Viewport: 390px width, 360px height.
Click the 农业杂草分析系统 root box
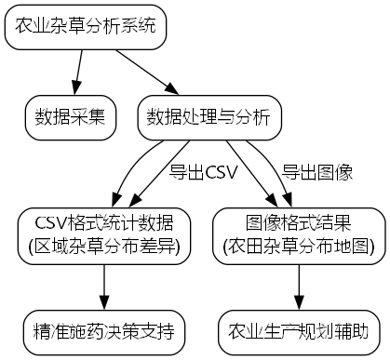pyautogui.click(x=86, y=29)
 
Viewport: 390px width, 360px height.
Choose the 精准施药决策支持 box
pyautogui.click(x=102, y=330)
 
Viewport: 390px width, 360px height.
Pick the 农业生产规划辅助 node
pyautogui.click(x=299, y=330)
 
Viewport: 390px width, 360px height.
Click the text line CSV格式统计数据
pyautogui.click(x=102, y=223)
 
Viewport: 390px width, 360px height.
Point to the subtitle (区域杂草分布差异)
pyautogui.click(x=102, y=245)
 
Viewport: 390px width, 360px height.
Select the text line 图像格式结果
pyautogui.click(x=299, y=223)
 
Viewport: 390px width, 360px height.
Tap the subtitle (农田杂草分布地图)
pyautogui.click(x=299, y=245)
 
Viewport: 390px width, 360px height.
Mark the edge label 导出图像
pyautogui.click(x=316, y=172)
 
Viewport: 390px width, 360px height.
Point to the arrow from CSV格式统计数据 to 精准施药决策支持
pyautogui.click(x=102, y=287)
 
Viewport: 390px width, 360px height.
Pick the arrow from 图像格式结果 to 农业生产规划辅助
pyautogui.click(x=299, y=287)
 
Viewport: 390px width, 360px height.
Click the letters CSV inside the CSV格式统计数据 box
pyautogui.click(x=50, y=223)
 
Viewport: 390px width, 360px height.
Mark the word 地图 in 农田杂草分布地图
pyautogui.click(x=352, y=245)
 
